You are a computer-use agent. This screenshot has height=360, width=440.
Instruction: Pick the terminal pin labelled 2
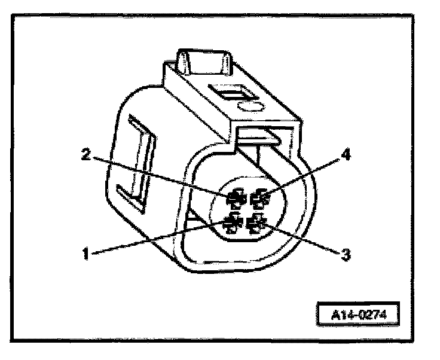[236, 197]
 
